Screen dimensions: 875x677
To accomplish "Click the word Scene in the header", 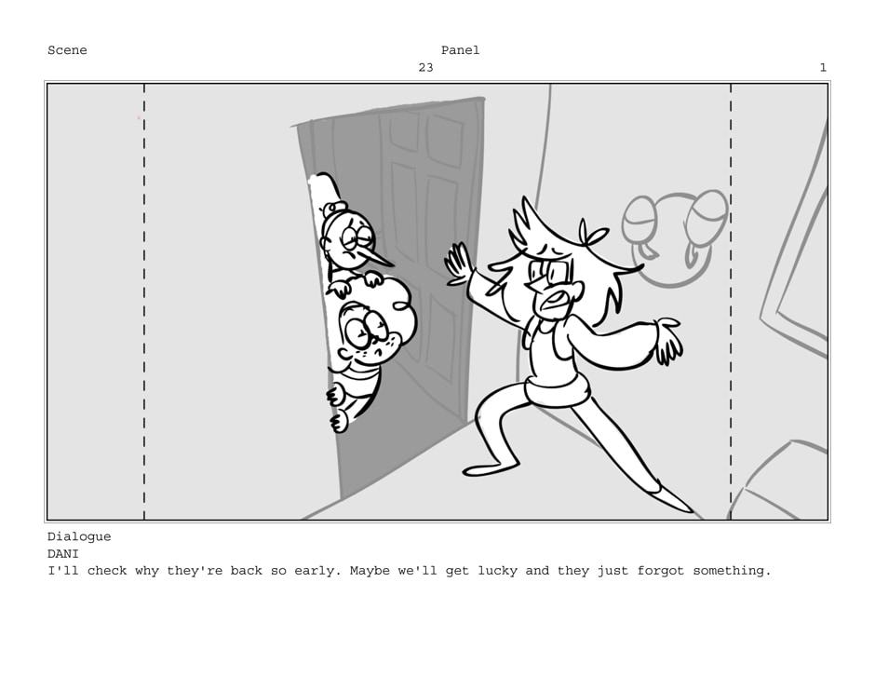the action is (x=67, y=50).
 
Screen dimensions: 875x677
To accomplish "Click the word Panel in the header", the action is (x=461, y=50).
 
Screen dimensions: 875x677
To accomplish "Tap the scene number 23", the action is (x=425, y=68).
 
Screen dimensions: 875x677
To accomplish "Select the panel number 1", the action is (x=823, y=68).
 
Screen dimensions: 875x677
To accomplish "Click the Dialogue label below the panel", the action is (x=79, y=537).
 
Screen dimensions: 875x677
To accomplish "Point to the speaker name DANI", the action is (x=63, y=554).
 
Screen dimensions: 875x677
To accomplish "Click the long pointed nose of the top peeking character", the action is (x=378, y=257).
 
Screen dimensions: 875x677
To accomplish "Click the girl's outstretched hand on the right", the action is (x=667, y=340).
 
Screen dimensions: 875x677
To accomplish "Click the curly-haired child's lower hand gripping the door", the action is (x=339, y=422).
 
